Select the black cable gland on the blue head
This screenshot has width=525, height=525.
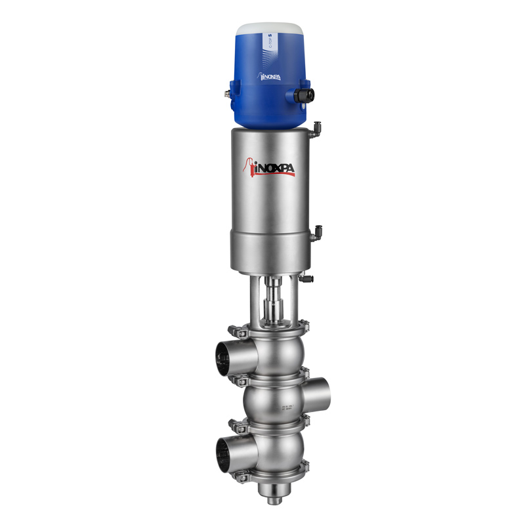pos(303,95)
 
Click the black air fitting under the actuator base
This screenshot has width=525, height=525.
pos(308,280)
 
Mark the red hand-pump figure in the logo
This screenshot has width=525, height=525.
pos(250,166)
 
